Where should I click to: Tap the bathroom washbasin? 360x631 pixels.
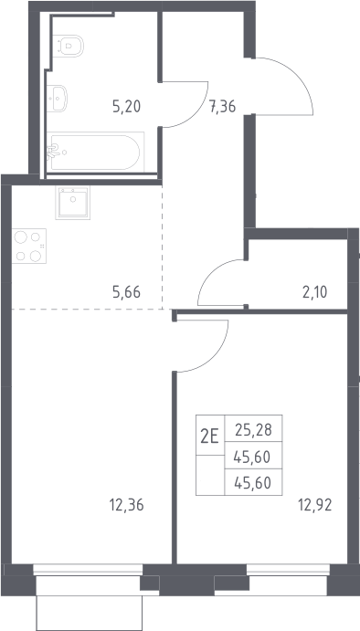(x=57, y=99)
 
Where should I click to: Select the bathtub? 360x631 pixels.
(x=95, y=152)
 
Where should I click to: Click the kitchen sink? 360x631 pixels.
(x=73, y=203)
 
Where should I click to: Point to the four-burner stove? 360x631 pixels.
(x=29, y=246)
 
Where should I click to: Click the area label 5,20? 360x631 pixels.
(x=126, y=107)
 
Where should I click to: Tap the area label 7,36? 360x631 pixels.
(x=222, y=107)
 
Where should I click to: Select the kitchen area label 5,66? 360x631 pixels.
(x=126, y=292)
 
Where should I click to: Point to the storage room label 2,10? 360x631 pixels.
(x=315, y=292)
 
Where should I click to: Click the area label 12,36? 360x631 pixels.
(x=126, y=505)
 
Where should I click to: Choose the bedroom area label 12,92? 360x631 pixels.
(x=315, y=505)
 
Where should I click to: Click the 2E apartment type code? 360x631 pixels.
(x=210, y=436)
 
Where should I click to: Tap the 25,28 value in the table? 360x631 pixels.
(x=254, y=430)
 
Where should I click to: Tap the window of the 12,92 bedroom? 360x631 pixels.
(x=288, y=569)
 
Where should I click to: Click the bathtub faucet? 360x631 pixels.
(x=52, y=152)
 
